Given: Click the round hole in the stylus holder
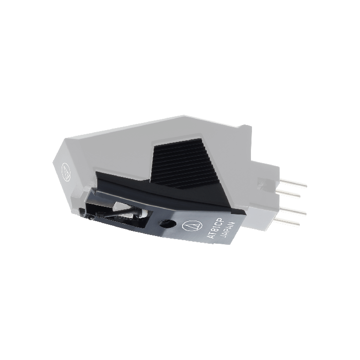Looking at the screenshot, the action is click(x=167, y=223).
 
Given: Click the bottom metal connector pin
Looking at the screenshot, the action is click(x=287, y=222).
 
